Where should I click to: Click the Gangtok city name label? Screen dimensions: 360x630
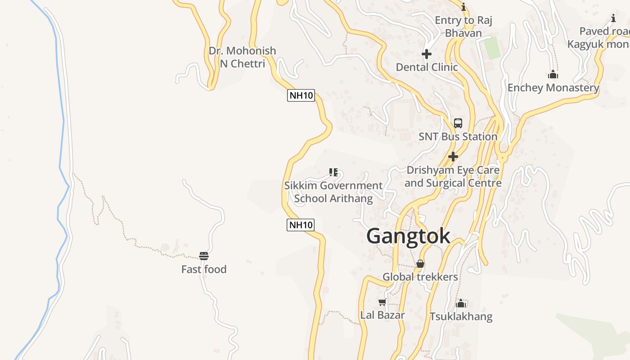[408, 236]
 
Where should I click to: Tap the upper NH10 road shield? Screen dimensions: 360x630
[301, 95]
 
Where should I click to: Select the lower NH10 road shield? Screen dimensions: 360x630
[300, 225]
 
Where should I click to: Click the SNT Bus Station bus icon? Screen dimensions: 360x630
[458, 123]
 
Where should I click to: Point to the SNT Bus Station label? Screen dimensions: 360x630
[458, 136]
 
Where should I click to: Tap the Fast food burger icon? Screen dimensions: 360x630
[204, 256]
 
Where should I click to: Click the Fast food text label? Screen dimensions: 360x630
[204, 269]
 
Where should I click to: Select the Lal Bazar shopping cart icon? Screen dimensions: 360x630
[382, 302]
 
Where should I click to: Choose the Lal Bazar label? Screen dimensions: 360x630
[382, 315]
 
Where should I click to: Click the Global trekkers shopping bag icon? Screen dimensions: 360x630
[420, 264]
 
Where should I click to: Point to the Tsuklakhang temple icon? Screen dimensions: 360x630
[461, 303]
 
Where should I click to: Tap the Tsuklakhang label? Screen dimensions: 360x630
[461, 316]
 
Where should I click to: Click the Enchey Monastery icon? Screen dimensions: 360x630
[553, 74]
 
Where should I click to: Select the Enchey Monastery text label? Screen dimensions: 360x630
[553, 87]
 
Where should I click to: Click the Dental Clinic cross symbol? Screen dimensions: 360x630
[427, 54]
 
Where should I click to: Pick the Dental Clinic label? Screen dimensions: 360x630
[427, 67]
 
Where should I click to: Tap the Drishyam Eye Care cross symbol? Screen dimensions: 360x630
[453, 157]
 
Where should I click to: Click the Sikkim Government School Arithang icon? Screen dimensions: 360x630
[333, 172]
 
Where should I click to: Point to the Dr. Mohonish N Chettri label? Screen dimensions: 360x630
[242, 57]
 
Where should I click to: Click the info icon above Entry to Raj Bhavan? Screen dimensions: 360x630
[463, 7]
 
